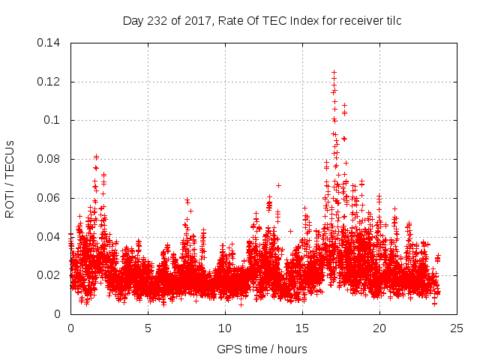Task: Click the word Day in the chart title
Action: click(x=132, y=21)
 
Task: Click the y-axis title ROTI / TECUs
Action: click(x=10, y=178)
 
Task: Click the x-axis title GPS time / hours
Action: click(x=262, y=349)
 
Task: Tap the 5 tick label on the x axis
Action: click(x=148, y=328)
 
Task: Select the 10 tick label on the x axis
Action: click(x=225, y=328)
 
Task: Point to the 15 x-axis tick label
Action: click(x=302, y=328)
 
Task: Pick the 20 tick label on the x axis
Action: click(x=379, y=328)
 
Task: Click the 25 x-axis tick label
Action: click(x=457, y=328)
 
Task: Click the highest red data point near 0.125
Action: click(x=334, y=73)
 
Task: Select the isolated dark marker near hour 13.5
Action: click(x=278, y=185)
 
